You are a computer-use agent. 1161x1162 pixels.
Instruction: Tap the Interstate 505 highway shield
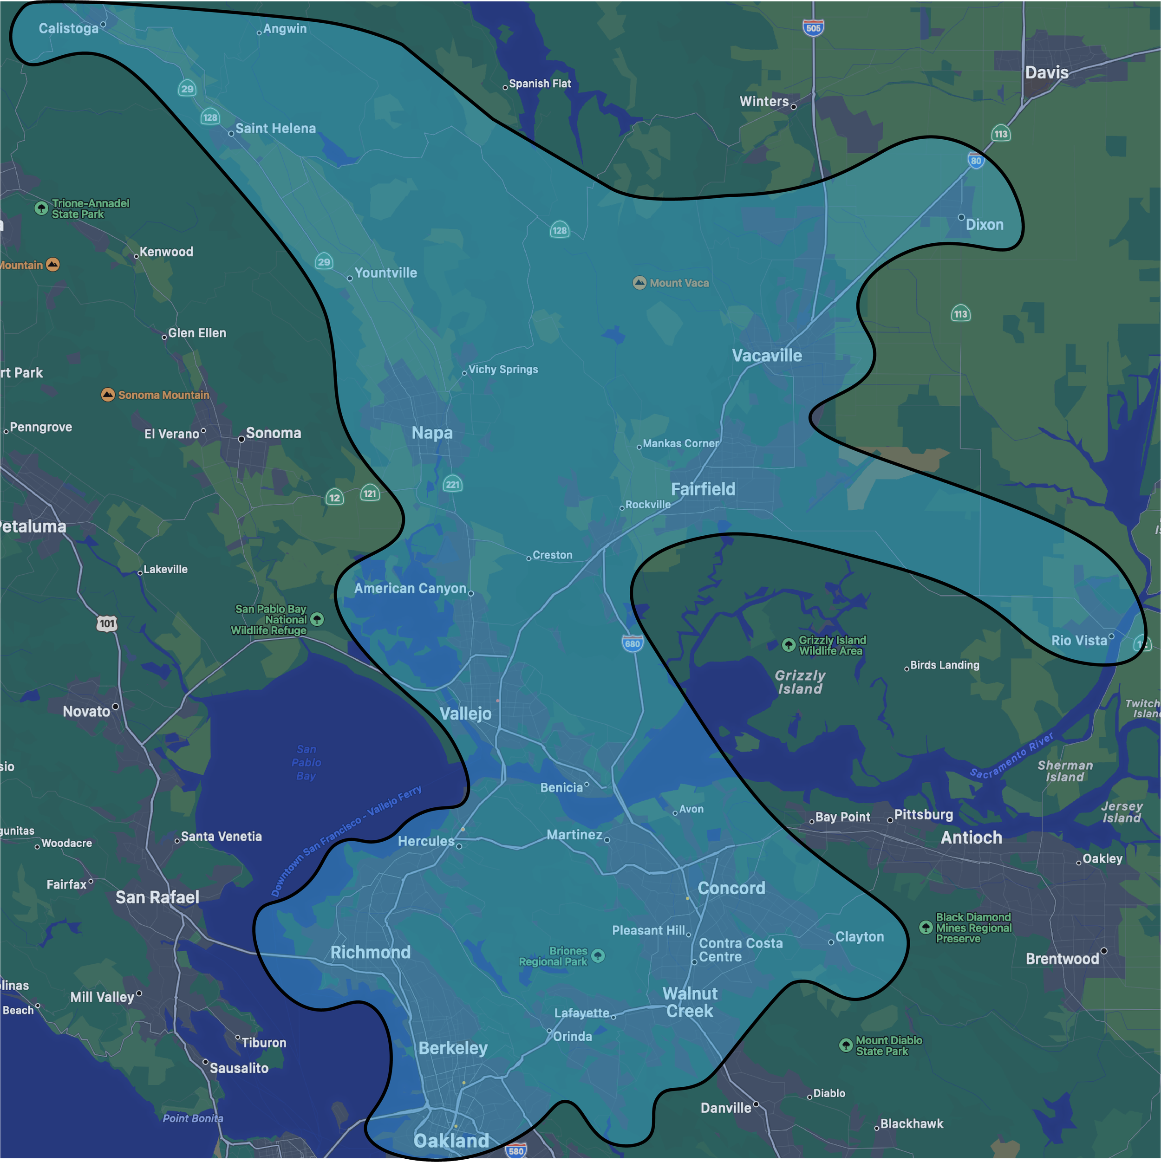pyautogui.click(x=813, y=28)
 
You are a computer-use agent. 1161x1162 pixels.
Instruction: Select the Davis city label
pyautogui.click(x=1046, y=73)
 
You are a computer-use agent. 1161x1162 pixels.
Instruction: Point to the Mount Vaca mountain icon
pyautogui.click(x=639, y=283)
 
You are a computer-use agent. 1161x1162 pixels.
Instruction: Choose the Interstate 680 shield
pyautogui.click(x=632, y=643)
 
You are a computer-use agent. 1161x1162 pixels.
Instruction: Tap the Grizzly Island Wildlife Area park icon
pyautogui.click(x=788, y=645)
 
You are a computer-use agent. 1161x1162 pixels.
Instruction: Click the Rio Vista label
pyautogui.click(x=1079, y=641)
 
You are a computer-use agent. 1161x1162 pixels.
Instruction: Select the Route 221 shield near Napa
pyautogui.click(x=452, y=484)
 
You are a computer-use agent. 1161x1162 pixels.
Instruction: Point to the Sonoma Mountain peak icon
pyautogui.click(x=108, y=395)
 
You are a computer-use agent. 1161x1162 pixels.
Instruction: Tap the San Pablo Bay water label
pyautogui.click(x=306, y=762)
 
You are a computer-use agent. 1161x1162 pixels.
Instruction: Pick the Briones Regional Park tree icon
pyautogui.click(x=598, y=956)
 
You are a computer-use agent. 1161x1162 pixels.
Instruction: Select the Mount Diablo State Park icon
pyautogui.click(x=846, y=1045)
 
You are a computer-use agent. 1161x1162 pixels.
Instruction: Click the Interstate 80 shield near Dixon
pyautogui.click(x=976, y=161)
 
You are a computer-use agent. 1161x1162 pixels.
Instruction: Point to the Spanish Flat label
pyautogui.click(x=540, y=84)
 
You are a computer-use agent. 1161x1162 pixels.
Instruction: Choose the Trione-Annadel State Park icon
pyautogui.click(x=41, y=208)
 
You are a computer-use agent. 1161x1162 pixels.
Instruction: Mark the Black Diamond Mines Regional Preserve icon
pyautogui.click(x=926, y=928)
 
